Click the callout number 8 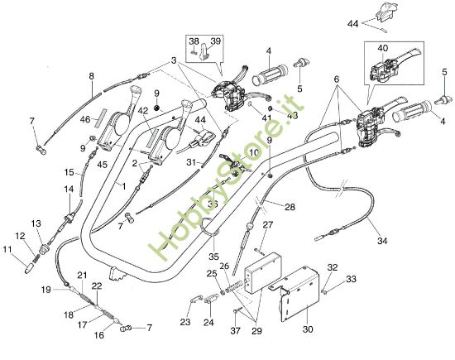[x=91, y=76]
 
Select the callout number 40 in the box [x=383, y=49]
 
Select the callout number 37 [x=236, y=330]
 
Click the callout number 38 [x=194, y=41]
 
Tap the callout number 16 [x=98, y=337]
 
